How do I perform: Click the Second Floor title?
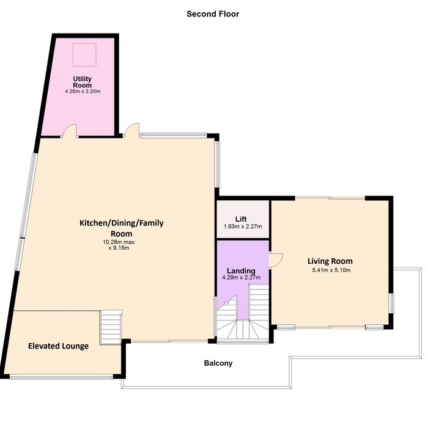point(213,14)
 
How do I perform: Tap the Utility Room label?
point(82,82)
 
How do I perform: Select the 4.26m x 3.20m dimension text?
point(83,92)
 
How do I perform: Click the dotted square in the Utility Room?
point(84,54)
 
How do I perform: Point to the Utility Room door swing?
point(70,131)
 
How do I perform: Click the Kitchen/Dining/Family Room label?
point(122,228)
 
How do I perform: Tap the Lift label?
point(241,219)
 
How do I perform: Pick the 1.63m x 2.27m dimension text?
point(243,227)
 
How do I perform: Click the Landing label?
point(241,271)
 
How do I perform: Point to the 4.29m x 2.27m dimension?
point(242,277)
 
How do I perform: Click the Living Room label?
point(330,261)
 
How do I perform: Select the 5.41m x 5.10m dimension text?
point(331,270)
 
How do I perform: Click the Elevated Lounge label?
point(59,346)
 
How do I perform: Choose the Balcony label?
point(218,363)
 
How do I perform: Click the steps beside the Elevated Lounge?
point(111,327)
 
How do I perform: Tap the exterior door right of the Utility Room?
point(132,130)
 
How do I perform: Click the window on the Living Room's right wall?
point(391,303)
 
